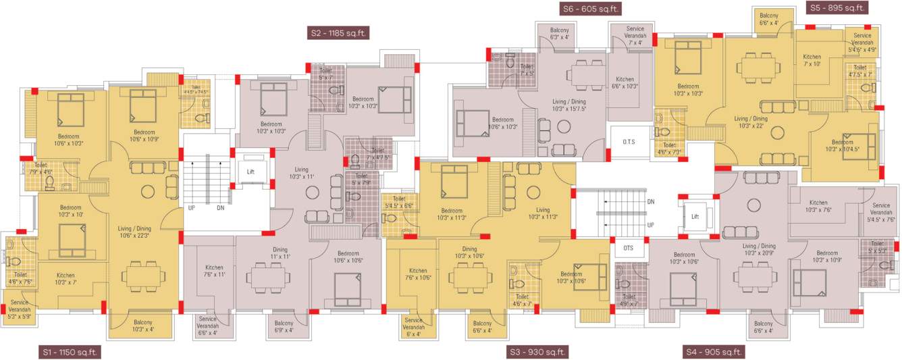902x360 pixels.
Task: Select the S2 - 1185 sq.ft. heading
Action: (340, 32)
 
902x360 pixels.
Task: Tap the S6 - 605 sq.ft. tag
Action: (591, 9)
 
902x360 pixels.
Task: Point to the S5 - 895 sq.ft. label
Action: (837, 8)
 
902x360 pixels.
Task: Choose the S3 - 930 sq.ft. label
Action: (537, 352)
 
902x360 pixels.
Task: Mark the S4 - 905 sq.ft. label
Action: (714, 352)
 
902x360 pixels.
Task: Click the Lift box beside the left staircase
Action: (250, 172)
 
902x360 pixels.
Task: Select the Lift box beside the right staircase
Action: (695, 216)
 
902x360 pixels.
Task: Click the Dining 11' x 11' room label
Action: (280, 253)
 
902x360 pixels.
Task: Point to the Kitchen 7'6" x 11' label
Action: (213, 272)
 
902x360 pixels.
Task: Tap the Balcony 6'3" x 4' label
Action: (560, 34)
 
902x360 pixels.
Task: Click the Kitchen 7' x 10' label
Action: (812, 61)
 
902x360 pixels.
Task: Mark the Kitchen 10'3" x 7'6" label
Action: (818, 206)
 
